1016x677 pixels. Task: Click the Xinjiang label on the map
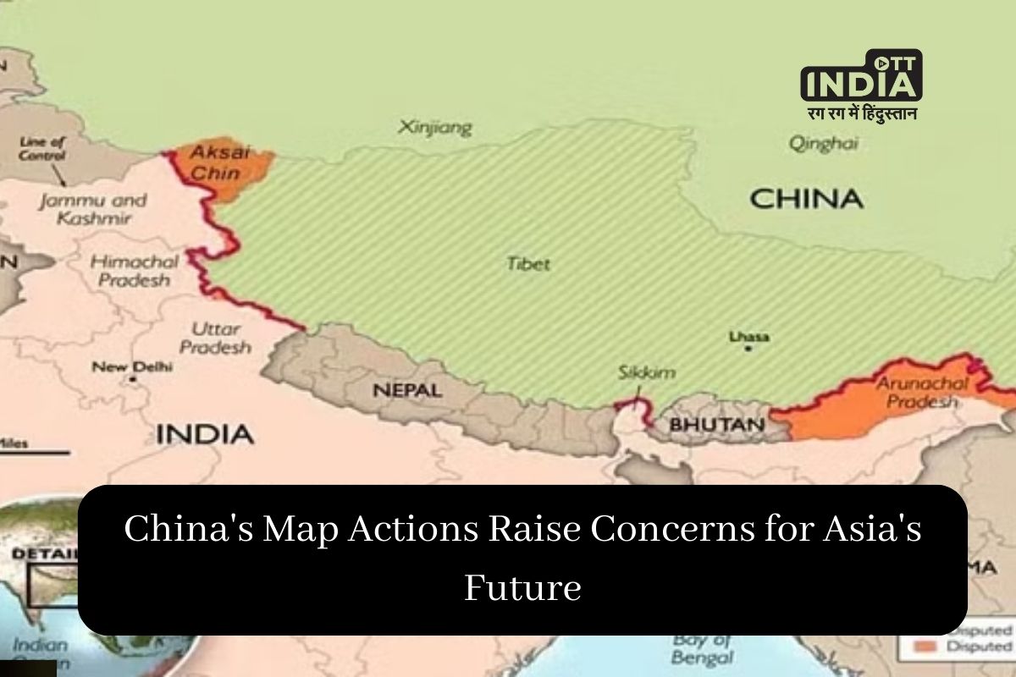coord(435,128)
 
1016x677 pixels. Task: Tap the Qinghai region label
coord(823,143)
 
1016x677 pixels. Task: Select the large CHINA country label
coord(806,200)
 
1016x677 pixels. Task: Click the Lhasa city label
coord(749,337)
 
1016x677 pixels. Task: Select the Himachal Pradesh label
coord(130,270)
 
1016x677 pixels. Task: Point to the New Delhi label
coord(132,367)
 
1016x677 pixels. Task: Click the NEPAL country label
coord(407,391)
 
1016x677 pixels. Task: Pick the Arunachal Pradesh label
coord(922,393)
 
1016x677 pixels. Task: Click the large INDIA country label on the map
coord(204,434)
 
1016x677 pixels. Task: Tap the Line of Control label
coord(41,149)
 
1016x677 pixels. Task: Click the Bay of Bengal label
coord(702,650)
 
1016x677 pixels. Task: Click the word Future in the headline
coord(522,586)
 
